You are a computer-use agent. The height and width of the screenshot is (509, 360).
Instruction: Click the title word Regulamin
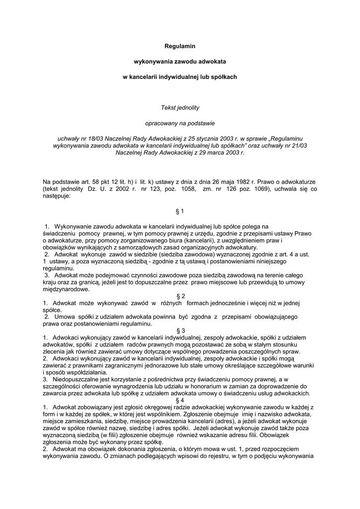(180, 46)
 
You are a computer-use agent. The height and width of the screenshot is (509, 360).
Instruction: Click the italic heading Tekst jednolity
(180, 107)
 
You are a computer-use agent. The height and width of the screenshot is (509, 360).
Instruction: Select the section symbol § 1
(180, 211)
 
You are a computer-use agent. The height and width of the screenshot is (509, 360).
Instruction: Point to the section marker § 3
(180, 331)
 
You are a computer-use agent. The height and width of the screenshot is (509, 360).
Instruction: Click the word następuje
(57, 196)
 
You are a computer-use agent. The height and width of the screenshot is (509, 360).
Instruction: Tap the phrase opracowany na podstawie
(180, 122)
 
